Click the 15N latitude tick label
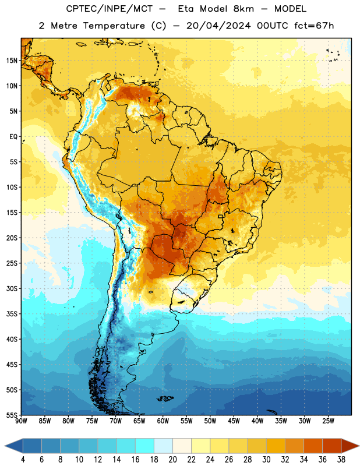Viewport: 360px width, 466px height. pyautogui.click(x=12, y=61)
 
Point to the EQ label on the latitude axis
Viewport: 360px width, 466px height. pyautogui.click(x=13, y=137)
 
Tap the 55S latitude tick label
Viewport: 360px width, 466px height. pyautogui.click(x=12, y=415)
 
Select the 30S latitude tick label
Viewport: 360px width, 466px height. pyautogui.click(x=12, y=288)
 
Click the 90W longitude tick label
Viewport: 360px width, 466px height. pyautogui.click(x=22, y=421)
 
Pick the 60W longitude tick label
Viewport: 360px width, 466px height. pyautogui.click(x=163, y=421)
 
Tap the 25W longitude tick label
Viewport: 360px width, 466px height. pyautogui.click(x=328, y=421)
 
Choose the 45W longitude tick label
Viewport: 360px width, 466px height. pyautogui.click(x=234, y=421)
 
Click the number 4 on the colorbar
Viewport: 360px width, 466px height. pyautogui.click(x=23, y=460)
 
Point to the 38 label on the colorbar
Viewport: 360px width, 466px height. pyautogui.click(x=341, y=460)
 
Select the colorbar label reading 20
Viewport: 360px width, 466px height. pyautogui.click(x=172, y=460)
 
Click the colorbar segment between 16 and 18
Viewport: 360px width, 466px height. pyautogui.click(x=145, y=446)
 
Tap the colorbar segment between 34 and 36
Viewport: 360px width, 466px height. pyautogui.click(x=313, y=446)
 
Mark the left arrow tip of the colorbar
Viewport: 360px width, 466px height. pyautogui.click(x=5, y=446)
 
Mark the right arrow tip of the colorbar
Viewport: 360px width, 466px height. pyautogui.click(x=359, y=446)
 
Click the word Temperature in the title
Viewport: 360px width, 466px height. pyautogui.click(x=114, y=26)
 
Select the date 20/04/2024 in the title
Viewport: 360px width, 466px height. pyautogui.click(x=218, y=26)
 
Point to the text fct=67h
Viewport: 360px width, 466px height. pyautogui.click(x=314, y=26)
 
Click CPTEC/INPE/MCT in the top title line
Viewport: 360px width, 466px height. pyautogui.click(x=109, y=9)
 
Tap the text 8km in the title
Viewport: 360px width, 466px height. pyautogui.click(x=243, y=9)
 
